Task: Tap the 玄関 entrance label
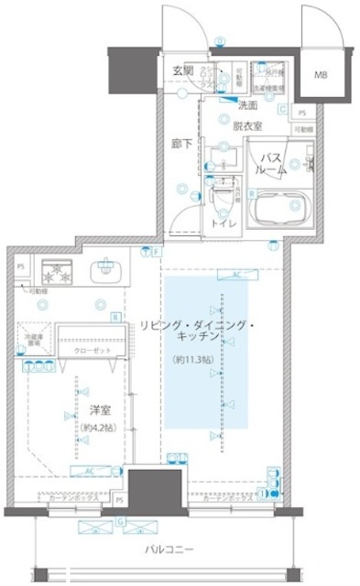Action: (x=183, y=71)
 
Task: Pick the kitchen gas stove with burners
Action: (x=57, y=273)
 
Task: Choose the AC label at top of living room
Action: (x=236, y=274)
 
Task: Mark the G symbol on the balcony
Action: (x=119, y=521)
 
